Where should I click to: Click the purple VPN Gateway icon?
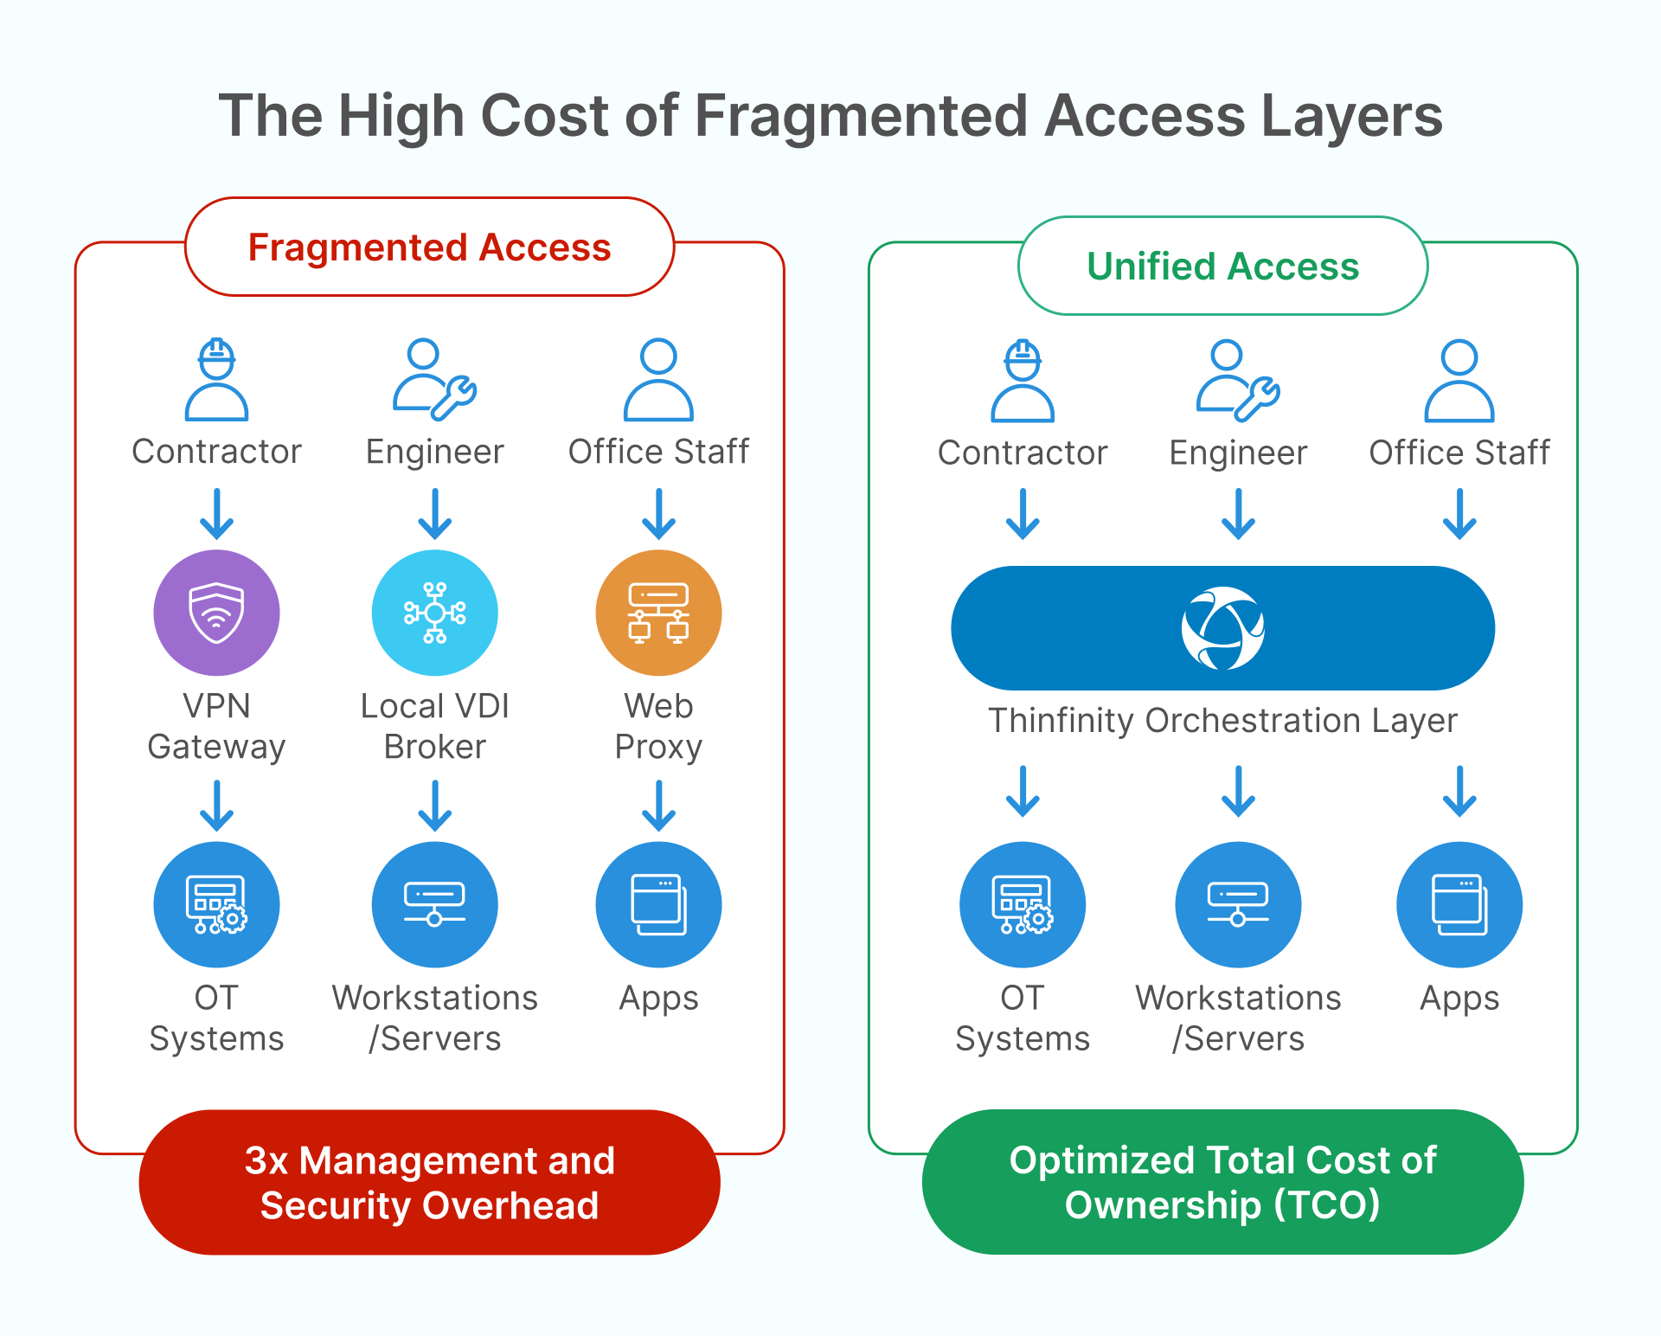point(216,613)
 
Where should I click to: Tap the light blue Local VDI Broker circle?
point(434,613)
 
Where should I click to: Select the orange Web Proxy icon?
point(658,613)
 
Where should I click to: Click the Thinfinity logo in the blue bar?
point(1222,628)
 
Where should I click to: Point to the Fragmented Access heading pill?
point(429,247)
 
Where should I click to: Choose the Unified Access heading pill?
point(1222,267)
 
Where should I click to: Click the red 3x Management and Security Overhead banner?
point(429,1182)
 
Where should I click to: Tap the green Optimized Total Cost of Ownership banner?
point(1222,1182)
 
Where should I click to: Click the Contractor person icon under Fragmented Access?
point(216,381)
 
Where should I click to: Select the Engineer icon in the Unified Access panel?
point(1237,381)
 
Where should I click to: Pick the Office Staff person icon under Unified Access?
point(1459,381)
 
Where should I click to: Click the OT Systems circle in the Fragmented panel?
point(216,904)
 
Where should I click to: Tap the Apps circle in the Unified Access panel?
point(1459,904)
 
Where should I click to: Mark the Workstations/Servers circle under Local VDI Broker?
point(434,904)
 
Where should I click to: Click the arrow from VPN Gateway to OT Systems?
point(216,806)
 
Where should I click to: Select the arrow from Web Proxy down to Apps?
point(658,806)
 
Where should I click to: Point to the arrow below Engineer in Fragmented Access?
point(434,514)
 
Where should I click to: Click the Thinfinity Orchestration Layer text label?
point(1222,721)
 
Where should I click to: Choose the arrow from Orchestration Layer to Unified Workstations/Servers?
point(1238,791)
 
